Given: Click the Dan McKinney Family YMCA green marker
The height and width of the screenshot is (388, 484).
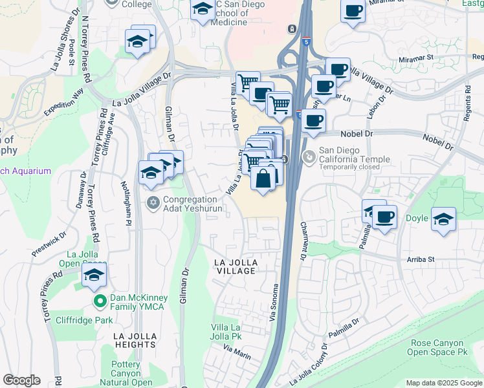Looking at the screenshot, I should coord(100,301).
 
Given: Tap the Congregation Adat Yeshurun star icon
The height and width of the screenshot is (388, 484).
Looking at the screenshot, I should coord(153,203).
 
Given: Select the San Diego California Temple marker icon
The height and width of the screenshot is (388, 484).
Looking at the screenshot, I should coord(310,156).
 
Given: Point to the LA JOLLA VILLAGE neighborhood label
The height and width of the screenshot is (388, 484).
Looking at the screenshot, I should coord(236,266).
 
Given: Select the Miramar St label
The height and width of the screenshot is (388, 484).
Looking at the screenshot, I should coord(414,57).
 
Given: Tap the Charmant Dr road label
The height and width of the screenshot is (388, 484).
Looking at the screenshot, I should coord(303,242).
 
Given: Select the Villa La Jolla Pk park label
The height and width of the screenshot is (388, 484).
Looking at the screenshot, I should coord(226,332).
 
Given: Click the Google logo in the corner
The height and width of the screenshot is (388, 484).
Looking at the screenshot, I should coord(21,380).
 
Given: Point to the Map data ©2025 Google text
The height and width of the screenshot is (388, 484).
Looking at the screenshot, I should coord(443,383).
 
